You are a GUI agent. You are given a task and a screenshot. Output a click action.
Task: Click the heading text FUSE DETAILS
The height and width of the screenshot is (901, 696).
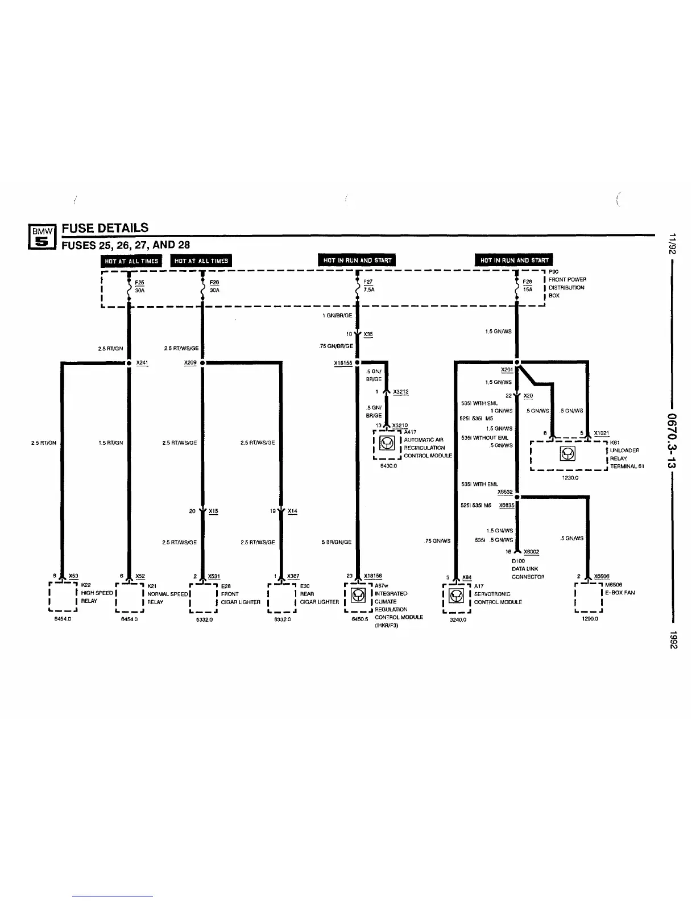coord(105,228)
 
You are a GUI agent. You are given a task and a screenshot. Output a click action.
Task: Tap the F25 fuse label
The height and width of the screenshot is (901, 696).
coord(139,283)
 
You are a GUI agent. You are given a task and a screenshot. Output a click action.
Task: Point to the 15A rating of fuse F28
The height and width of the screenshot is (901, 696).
coord(528,290)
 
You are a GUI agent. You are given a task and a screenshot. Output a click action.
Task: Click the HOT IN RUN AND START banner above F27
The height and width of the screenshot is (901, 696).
coord(357,261)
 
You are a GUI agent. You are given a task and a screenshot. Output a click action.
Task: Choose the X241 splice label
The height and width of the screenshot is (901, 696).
coord(142,362)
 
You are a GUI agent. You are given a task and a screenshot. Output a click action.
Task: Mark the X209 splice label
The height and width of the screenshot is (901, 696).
coord(190,362)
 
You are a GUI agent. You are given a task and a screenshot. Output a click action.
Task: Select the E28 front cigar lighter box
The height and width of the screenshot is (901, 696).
coord(204,597)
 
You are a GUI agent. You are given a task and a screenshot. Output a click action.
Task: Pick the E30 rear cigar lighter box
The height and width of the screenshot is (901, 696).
coord(281,597)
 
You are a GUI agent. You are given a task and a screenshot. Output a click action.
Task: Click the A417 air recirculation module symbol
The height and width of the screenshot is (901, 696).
coord(387,444)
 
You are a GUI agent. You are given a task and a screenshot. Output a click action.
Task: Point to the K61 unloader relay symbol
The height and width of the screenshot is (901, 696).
coord(567,454)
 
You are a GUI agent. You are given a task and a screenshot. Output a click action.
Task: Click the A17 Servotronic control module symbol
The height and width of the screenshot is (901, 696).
coord(456,596)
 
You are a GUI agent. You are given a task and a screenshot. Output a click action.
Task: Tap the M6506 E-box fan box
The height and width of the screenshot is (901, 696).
coord(589,596)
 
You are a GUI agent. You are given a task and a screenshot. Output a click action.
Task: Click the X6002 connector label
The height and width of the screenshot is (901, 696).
coord(531,552)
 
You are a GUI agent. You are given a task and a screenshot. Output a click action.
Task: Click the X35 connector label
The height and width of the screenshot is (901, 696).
coord(368,334)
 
